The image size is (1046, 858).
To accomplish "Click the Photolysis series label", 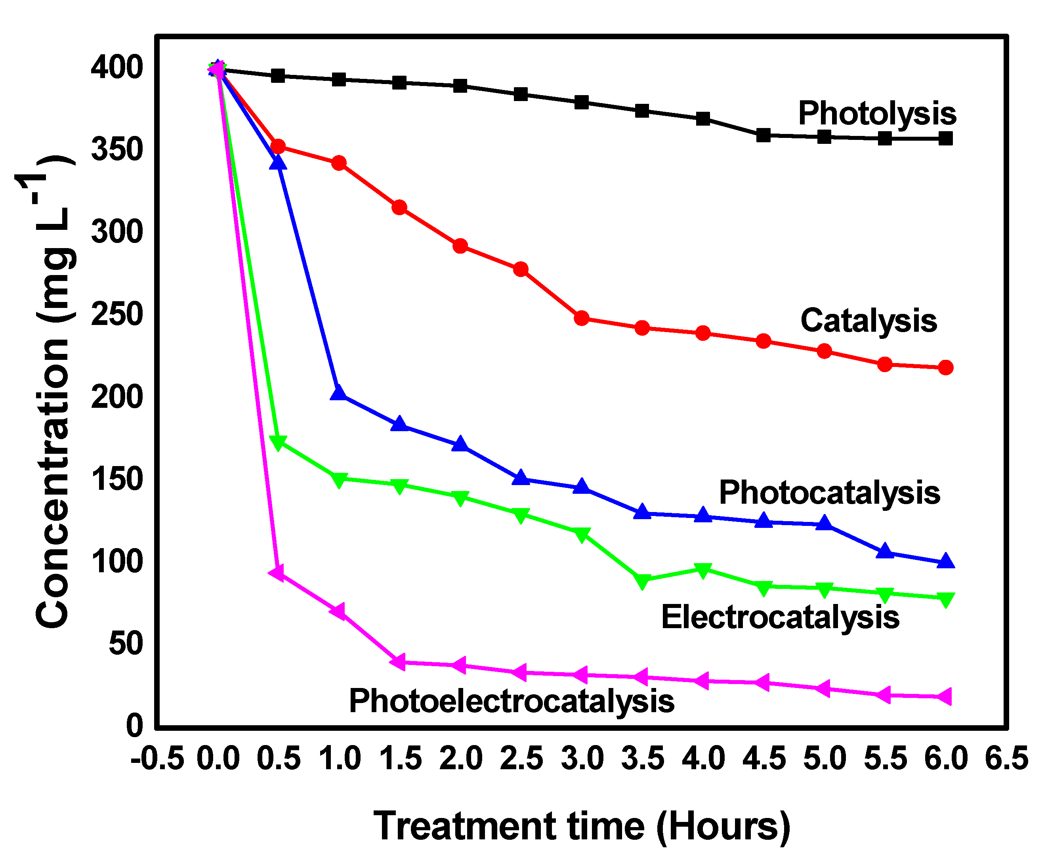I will coord(877,114).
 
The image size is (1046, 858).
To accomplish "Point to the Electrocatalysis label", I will coord(780,618).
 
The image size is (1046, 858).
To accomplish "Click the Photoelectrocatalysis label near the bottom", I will coord(512,701).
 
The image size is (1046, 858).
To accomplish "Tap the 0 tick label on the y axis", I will coord(134,726).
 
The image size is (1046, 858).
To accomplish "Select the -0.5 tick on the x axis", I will coord(157,759).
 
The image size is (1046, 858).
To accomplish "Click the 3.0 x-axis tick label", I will coord(582,759).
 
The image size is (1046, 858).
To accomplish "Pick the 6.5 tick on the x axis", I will coord(1006,759).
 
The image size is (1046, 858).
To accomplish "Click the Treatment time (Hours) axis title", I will coord(582,826).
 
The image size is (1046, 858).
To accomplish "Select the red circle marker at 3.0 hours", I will coord(582,318).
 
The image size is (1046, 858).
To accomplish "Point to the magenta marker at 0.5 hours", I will coord(277,572).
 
